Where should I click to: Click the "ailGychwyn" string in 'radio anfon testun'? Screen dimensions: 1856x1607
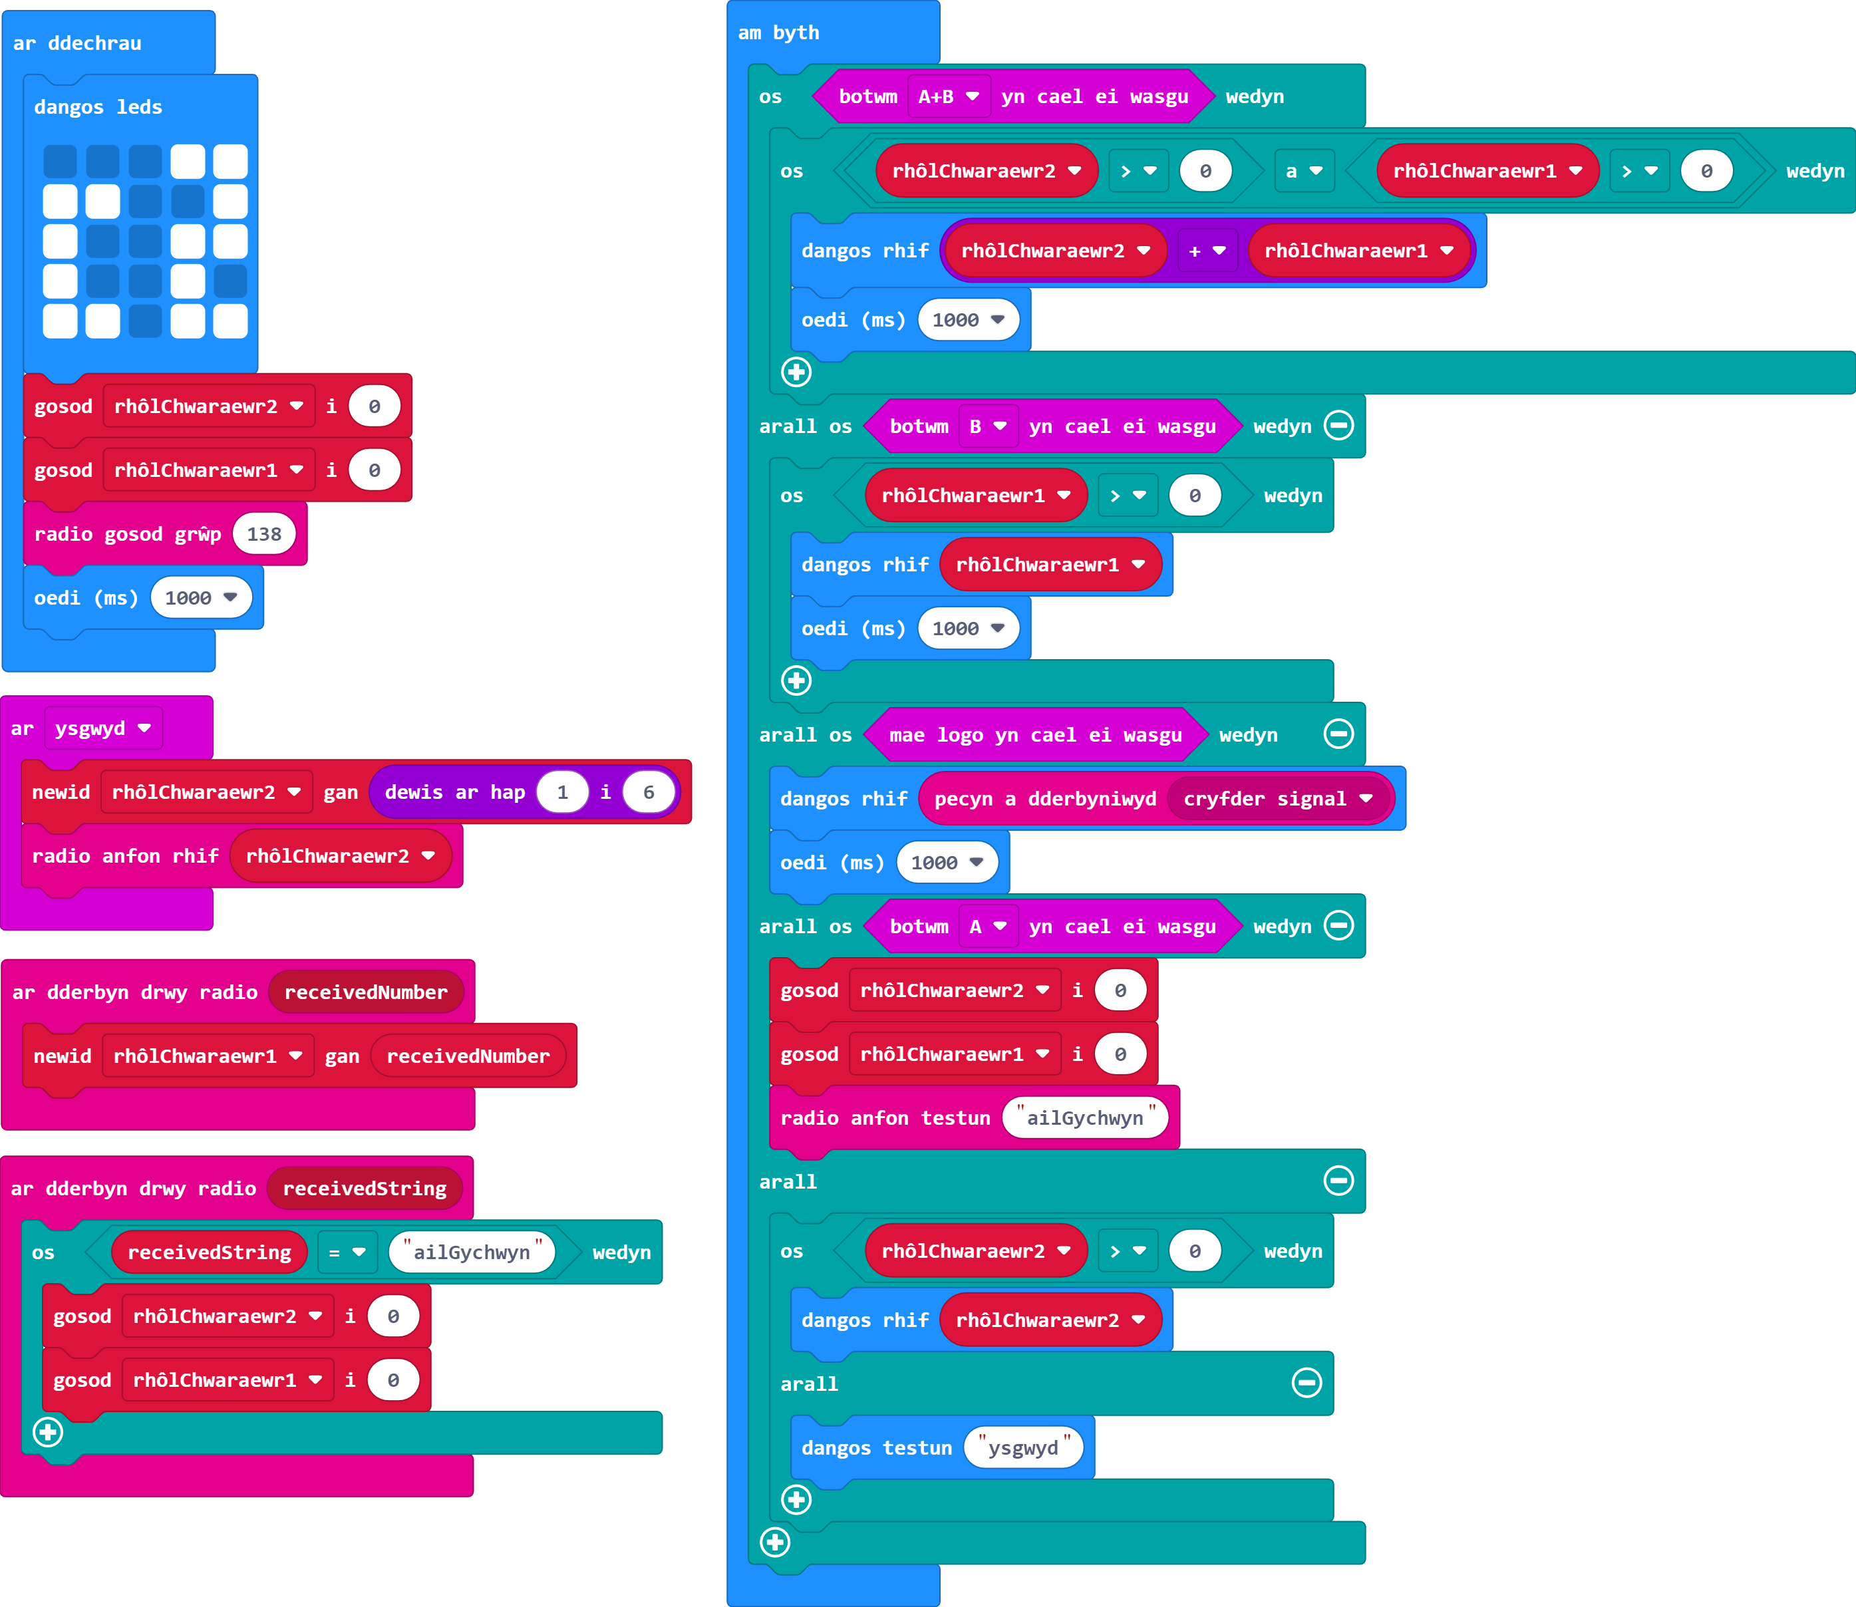[x=1086, y=1117]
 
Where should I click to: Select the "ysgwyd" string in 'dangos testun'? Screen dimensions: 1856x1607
[x=1024, y=1447]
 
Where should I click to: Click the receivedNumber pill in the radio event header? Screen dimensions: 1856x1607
[x=366, y=992]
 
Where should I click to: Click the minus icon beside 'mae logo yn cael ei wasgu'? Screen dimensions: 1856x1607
[x=1338, y=734]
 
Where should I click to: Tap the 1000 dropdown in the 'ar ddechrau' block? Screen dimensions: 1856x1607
[x=201, y=597]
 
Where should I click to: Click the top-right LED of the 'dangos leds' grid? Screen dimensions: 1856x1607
[x=231, y=162]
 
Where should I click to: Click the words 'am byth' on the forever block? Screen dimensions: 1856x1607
[x=778, y=33]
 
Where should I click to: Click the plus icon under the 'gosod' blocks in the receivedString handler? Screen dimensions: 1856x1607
[x=49, y=1432]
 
